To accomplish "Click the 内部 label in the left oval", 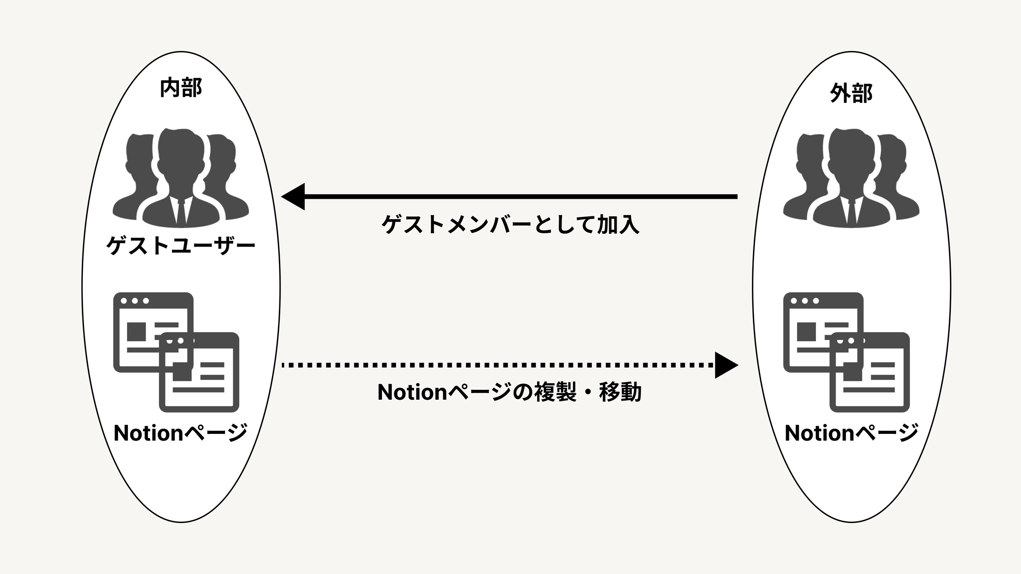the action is (181, 88).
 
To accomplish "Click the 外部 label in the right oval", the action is (851, 93).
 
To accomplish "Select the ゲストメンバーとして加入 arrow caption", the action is (510, 224).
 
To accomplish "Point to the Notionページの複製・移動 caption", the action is (509, 392).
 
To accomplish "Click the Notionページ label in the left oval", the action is (181, 433).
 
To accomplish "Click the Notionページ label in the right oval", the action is (852, 433).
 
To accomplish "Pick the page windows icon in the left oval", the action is (176, 352).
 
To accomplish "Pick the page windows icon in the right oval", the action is (846, 352).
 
